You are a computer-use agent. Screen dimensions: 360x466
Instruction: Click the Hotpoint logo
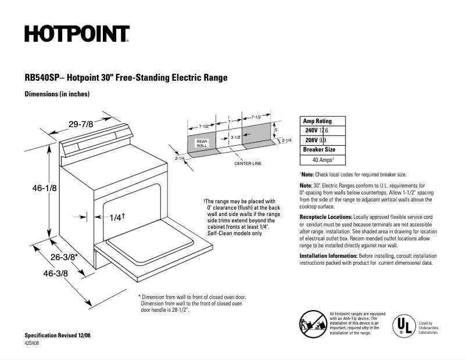pos(77,34)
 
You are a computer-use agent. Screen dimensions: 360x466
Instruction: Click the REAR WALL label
pos(202,143)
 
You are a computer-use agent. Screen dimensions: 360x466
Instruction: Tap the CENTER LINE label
pos(248,163)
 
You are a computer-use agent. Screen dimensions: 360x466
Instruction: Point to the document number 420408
pos(33,343)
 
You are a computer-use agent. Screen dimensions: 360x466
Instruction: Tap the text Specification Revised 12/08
pos(58,336)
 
